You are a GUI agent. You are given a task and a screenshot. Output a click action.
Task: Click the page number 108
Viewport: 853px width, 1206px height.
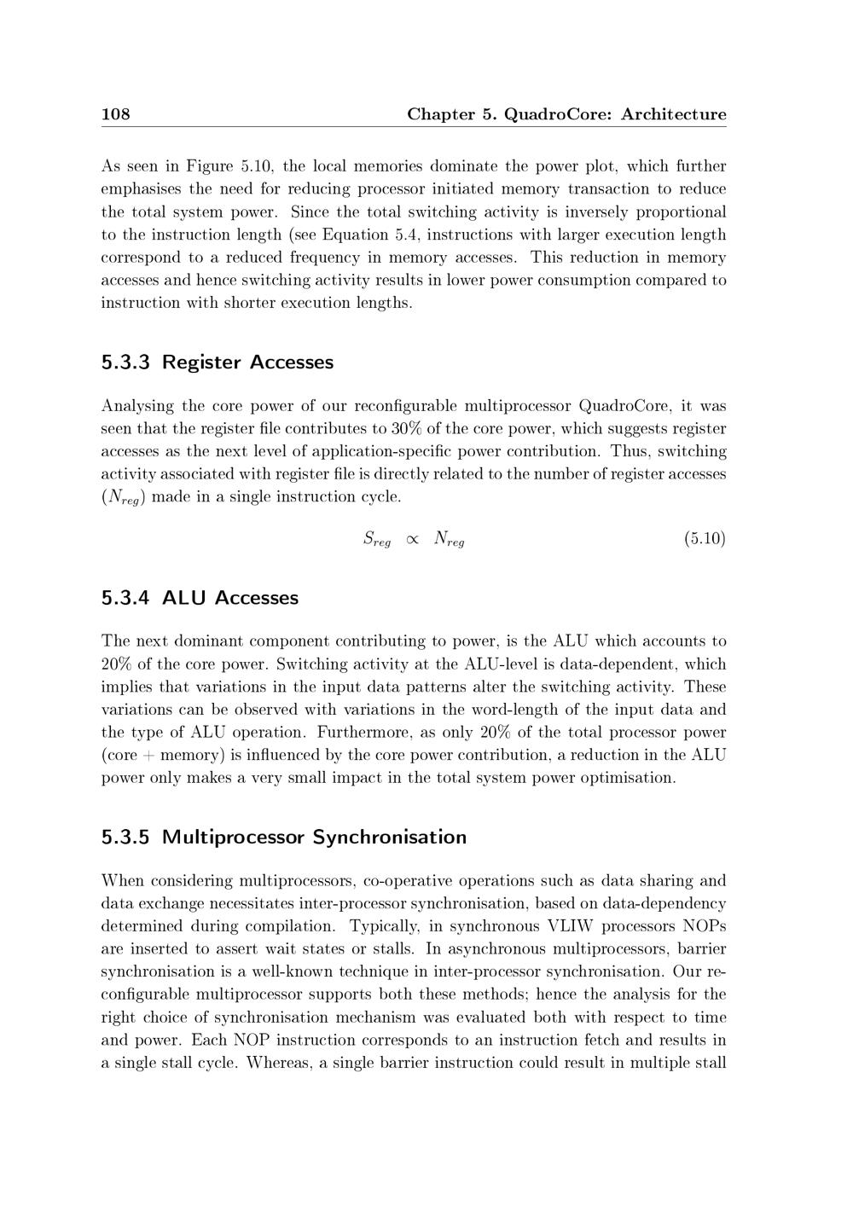click(x=115, y=114)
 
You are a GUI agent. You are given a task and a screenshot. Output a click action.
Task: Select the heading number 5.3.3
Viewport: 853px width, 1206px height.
click(x=125, y=362)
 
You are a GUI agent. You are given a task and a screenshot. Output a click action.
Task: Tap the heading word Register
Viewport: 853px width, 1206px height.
click(x=201, y=362)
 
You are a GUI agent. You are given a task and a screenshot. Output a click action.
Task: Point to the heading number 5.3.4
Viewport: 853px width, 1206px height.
click(x=125, y=598)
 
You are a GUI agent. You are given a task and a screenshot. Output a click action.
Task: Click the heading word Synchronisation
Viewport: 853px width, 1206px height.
click(x=389, y=837)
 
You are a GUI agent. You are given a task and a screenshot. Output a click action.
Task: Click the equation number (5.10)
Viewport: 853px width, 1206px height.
click(x=705, y=538)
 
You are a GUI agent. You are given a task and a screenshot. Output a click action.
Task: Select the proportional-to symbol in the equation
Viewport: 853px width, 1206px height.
click(x=412, y=539)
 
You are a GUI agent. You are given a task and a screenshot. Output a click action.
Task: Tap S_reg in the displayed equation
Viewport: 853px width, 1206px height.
click(x=376, y=539)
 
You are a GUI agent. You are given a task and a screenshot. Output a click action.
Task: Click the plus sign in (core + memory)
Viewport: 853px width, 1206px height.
click(x=149, y=756)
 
